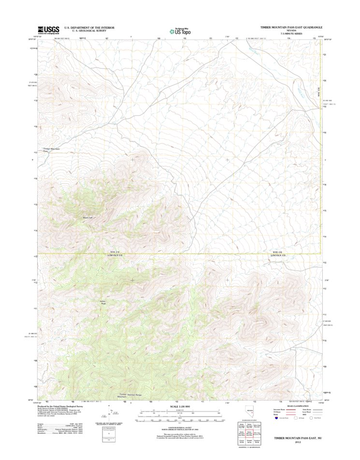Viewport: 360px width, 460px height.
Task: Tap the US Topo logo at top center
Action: (179, 31)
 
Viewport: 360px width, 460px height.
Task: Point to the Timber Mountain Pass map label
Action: (51, 149)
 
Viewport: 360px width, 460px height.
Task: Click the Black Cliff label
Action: (87, 218)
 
